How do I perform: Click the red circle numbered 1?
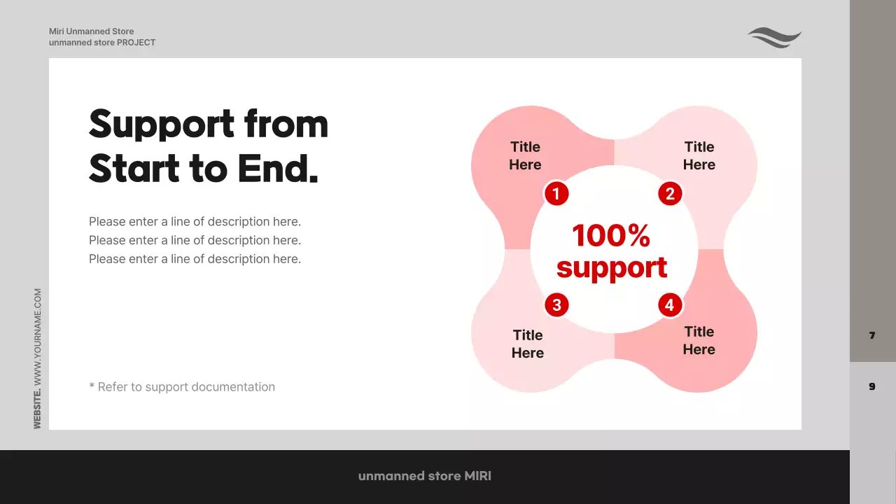556,194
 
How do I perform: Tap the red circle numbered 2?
670,194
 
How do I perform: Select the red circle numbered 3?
556,305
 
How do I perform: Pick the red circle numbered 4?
670,305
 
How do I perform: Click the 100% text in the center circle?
611,236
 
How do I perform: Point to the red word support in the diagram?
612,268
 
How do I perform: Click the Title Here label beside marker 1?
525,155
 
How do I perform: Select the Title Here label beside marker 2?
699,155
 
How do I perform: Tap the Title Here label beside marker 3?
527,344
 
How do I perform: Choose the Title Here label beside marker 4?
699,340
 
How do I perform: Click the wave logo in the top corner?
774,37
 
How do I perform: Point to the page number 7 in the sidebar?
872,336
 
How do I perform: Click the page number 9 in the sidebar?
872,386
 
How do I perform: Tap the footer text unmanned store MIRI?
425,476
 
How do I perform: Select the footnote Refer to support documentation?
182,387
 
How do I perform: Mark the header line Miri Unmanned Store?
91,31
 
